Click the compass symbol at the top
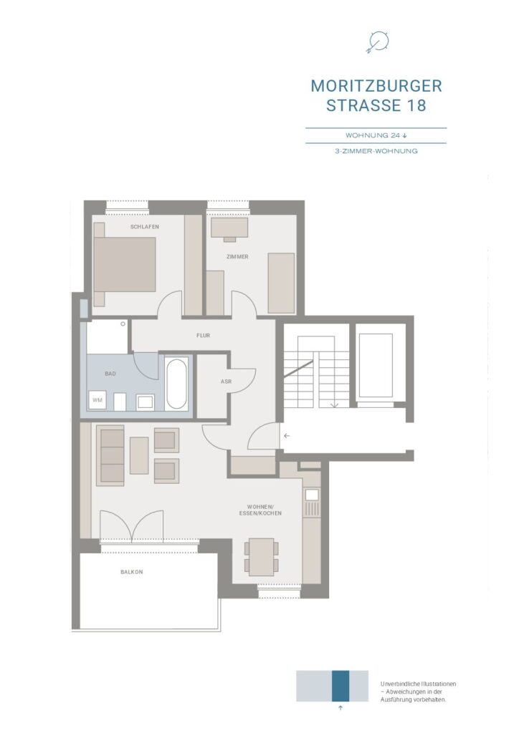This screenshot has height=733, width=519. [x=377, y=42]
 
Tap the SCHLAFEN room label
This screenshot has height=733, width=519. [x=145, y=227]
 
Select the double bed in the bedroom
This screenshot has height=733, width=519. [x=125, y=264]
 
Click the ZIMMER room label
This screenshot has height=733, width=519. [x=237, y=257]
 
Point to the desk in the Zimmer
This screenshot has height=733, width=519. [x=229, y=228]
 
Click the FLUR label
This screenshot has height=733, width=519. [x=203, y=335]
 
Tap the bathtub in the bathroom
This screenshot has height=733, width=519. [x=177, y=384]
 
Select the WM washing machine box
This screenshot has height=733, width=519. [x=97, y=400]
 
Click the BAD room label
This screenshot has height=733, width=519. [x=110, y=374]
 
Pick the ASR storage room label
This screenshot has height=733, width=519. [x=226, y=382]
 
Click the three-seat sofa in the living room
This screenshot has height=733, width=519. [x=110, y=455]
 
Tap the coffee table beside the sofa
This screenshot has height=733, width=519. [x=139, y=455]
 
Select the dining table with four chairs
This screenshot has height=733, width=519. [x=261, y=557]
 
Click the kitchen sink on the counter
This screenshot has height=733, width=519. [x=312, y=495]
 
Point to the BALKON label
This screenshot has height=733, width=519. [x=131, y=572]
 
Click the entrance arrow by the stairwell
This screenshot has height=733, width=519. [x=287, y=436]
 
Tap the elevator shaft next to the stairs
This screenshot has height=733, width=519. [x=376, y=365]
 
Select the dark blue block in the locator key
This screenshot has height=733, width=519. [x=341, y=686]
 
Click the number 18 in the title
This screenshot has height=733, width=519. [x=416, y=105]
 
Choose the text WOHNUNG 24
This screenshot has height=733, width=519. [x=373, y=135]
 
